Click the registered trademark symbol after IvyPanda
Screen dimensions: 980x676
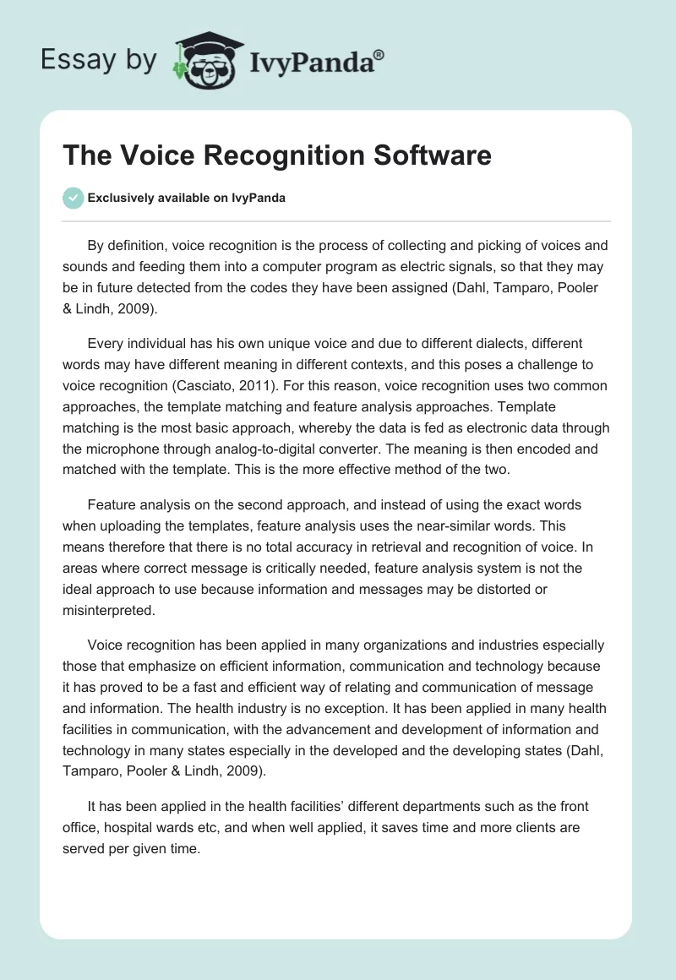click(x=379, y=55)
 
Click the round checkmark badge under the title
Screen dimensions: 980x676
click(x=74, y=198)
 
